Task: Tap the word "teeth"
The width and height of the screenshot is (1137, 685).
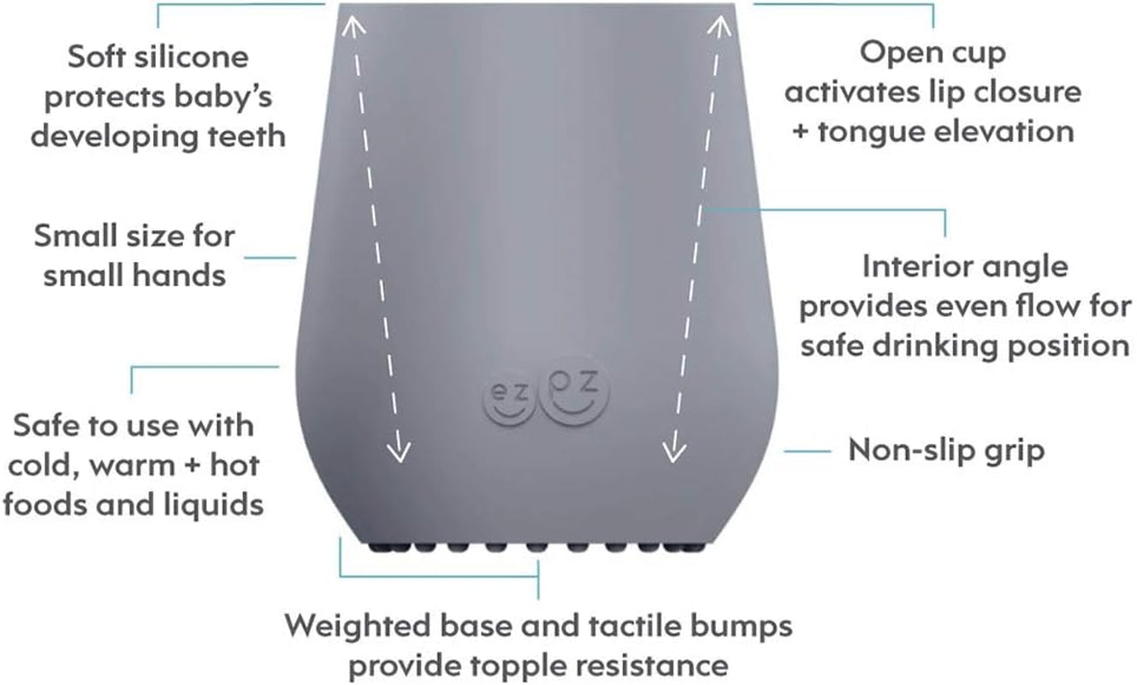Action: (243, 135)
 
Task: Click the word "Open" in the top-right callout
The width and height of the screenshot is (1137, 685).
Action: (899, 53)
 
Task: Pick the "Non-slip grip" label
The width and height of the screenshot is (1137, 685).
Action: (946, 450)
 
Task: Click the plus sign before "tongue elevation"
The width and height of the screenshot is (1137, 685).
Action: (800, 132)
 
